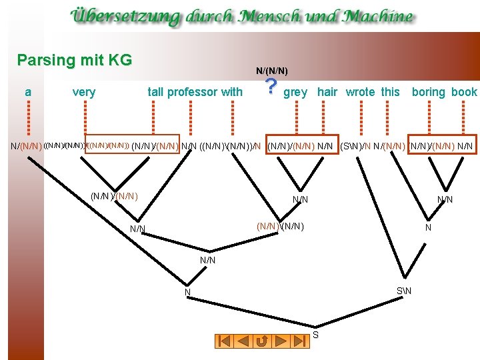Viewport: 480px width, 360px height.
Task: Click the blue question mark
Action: tap(271, 87)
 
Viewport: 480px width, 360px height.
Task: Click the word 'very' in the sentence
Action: tap(83, 92)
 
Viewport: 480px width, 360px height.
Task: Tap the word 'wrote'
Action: tap(360, 92)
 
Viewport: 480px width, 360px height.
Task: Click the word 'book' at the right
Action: tap(465, 92)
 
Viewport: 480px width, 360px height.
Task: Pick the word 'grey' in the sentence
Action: tap(295, 92)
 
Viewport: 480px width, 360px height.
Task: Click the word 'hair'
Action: tap(327, 92)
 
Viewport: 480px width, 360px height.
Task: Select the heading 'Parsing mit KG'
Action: tap(75, 61)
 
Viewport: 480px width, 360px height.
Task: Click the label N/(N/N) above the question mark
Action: tap(272, 70)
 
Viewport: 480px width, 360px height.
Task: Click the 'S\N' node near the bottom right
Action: tap(404, 291)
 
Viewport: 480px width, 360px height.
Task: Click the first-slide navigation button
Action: tap(225, 341)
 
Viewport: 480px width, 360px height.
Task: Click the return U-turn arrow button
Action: tap(262, 341)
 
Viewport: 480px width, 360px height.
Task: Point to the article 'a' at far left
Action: tap(27, 92)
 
